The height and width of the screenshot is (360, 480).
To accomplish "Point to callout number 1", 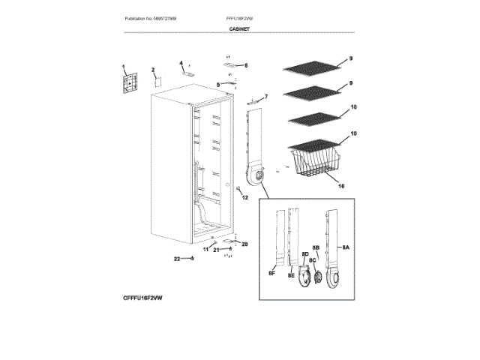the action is coord(124,67).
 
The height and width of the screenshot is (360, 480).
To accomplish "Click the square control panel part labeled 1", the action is coord(131,82).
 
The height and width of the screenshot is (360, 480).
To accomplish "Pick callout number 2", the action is coord(153,70).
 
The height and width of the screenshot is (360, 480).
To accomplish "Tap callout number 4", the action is coord(181,63).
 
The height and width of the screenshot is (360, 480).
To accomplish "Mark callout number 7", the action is coord(265,97).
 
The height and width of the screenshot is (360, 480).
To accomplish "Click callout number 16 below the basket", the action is coord(341,184).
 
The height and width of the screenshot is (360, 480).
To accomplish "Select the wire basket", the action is coord(314,165).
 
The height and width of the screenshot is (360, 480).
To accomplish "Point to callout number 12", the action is coord(244,197).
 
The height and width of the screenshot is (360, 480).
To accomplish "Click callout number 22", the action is coord(178,259).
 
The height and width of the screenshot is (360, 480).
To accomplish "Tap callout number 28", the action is coord(244,244).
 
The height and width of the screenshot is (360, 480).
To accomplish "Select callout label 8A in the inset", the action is coord(346,247).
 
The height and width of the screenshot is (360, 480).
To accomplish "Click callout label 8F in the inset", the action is coord(271,275).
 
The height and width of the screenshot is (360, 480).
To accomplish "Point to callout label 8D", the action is coord(305,254).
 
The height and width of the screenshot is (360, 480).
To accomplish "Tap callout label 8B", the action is coord(316,247).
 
